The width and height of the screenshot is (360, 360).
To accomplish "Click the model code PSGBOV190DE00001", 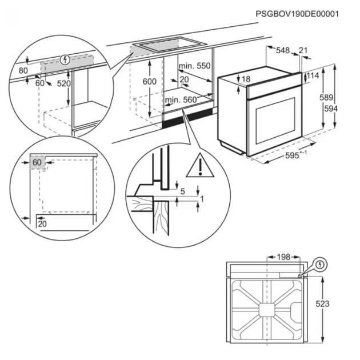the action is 297,14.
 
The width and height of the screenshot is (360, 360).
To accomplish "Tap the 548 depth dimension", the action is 283,50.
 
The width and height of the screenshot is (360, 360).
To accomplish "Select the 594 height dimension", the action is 331,109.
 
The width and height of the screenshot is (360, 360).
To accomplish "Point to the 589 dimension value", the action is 326,98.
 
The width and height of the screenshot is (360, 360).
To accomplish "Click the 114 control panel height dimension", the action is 313,75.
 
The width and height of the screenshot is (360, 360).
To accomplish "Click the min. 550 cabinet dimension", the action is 194,66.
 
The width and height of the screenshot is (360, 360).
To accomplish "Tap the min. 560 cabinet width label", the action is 181,100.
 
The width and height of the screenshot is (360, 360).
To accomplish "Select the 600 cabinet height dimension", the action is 150,81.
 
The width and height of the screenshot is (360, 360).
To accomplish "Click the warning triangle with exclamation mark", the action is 200,166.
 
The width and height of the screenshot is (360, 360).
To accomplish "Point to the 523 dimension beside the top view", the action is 322,304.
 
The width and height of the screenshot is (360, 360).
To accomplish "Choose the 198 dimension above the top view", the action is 283,257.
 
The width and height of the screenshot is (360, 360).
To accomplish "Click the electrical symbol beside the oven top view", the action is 321,265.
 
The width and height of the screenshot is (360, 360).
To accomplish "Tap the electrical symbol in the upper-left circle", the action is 65,59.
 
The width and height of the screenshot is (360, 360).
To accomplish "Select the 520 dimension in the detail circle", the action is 63,83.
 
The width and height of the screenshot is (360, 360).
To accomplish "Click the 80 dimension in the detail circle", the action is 23,71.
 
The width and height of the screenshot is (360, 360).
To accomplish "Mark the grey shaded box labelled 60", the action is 38,162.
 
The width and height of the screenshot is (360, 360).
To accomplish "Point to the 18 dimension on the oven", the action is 246,79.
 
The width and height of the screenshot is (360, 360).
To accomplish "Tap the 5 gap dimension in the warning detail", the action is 182,191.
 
